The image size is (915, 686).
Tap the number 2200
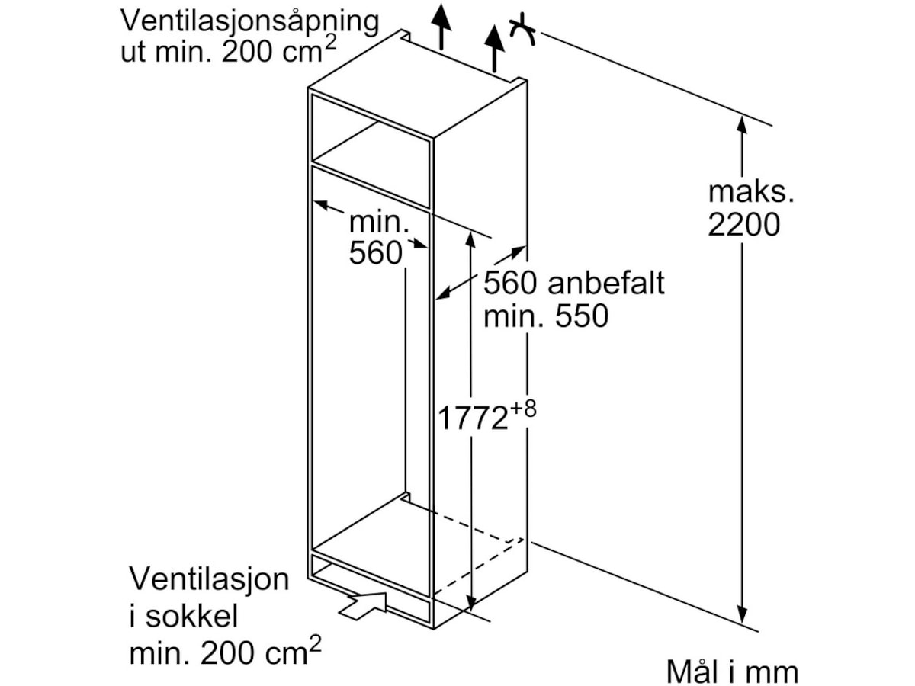tap(743, 225)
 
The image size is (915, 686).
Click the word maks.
tap(751, 191)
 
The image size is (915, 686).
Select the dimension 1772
tap(473, 418)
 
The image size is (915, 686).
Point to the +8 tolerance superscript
tap(523, 409)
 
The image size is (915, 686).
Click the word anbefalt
tap(606, 284)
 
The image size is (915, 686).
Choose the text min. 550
tap(546, 316)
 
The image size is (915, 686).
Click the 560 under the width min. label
tap(375, 253)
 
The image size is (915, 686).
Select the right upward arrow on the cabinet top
tap(495, 46)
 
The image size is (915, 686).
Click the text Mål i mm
tap(731, 672)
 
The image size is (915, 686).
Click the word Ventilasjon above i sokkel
tap(210, 579)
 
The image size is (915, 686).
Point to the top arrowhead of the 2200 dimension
tap(742, 122)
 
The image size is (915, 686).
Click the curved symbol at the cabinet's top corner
tap(522, 30)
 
